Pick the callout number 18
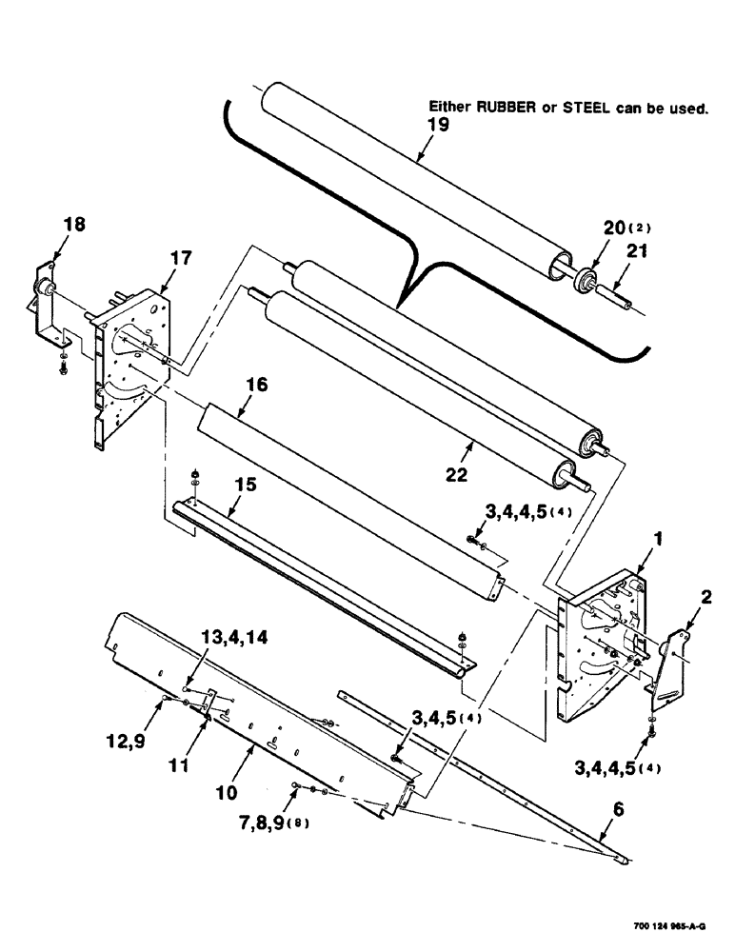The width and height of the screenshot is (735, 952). point(73,225)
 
